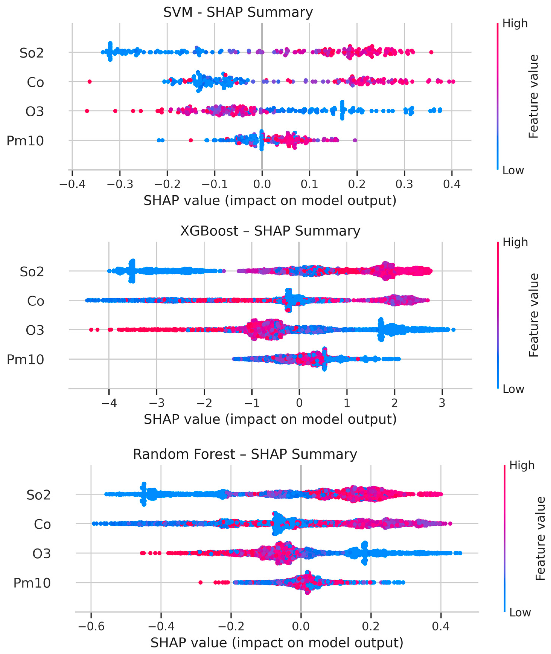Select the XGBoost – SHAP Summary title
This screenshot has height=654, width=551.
click(270, 231)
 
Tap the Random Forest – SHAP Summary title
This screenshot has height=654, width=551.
click(245, 454)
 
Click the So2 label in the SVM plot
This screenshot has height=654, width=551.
click(32, 53)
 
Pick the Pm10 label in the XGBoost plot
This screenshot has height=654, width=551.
click(25, 360)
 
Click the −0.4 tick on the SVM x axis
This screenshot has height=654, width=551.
click(72, 184)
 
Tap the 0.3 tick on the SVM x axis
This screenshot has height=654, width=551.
click(404, 184)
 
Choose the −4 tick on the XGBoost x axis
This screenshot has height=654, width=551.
click(109, 403)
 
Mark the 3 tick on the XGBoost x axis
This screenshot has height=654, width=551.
click(442, 403)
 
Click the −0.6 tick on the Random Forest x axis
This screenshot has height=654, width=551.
click(91, 626)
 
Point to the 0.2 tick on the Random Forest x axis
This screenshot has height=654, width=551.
click(371, 626)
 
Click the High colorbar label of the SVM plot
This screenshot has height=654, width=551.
click(515, 23)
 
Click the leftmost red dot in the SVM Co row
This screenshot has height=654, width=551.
click(90, 82)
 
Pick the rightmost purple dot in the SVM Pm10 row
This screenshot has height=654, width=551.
click(355, 140)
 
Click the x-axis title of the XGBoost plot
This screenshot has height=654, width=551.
click(270, 419)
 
